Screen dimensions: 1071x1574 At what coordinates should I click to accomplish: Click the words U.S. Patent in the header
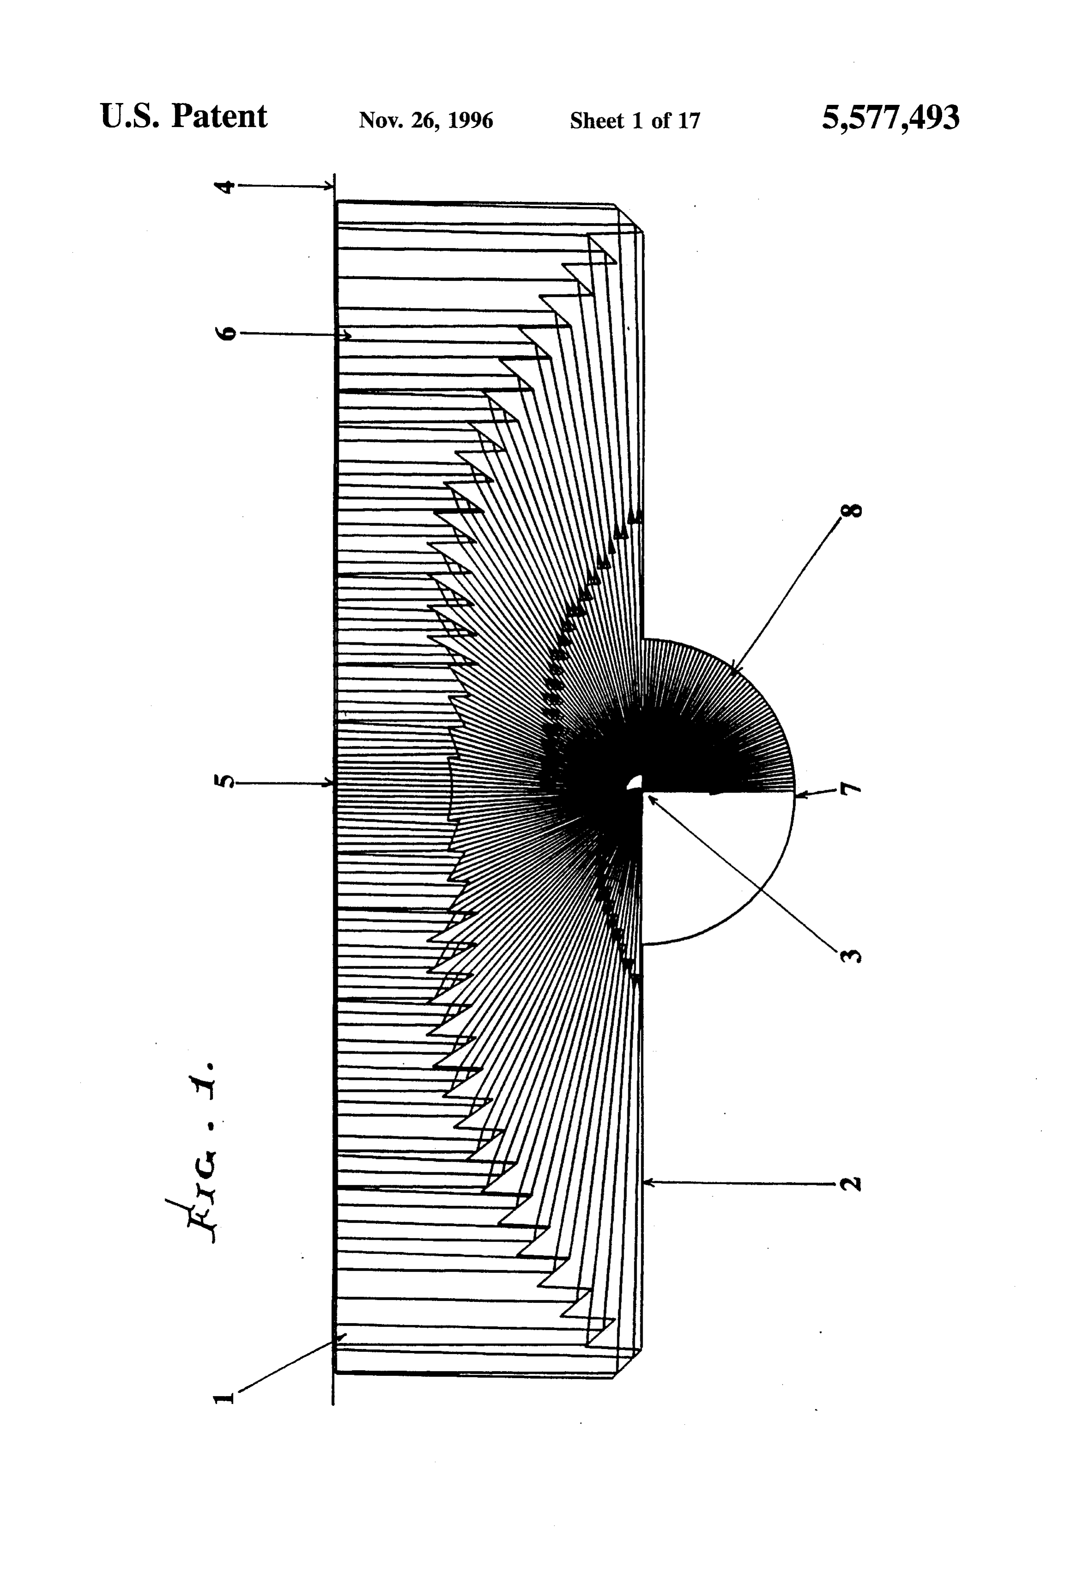coord(183,116)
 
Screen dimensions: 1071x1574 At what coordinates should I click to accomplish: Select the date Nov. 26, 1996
coord(426,121)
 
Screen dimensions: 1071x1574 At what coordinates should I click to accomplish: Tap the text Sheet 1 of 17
coord(635,121)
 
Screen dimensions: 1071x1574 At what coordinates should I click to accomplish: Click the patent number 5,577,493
coord(890,118)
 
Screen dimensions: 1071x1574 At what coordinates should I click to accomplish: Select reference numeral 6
coord(228,333)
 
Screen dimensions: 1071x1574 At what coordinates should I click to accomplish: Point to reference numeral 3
coord(852,956)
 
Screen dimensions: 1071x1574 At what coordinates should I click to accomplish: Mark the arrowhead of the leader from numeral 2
coord(647,1182)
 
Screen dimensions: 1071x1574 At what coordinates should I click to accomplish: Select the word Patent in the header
coord(219,116)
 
